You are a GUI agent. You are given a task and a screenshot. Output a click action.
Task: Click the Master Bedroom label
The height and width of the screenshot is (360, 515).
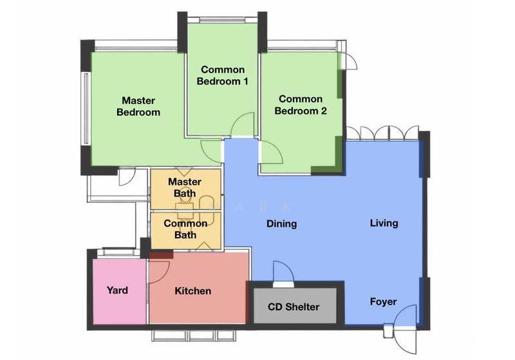(x=138, y=106)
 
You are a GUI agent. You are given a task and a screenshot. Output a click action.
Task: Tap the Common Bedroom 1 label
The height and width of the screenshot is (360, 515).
(x=222, y=75)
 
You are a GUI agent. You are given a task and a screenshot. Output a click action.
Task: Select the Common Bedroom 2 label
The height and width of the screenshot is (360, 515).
(x=301, y=105)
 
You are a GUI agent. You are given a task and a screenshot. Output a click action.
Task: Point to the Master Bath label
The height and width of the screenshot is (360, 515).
(x=185, y=187)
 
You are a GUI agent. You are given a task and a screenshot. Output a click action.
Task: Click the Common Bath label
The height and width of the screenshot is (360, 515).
(x=185, y=229)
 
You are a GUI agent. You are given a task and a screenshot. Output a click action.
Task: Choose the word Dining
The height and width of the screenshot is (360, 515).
(x=281, y=223)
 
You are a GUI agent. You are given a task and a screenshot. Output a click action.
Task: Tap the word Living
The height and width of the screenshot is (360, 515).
(x=384, y=223)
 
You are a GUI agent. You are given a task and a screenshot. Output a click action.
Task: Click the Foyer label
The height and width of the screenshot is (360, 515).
(x=383, y=301)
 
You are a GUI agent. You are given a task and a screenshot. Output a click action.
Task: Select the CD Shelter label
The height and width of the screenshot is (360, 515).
(x=294, y=307)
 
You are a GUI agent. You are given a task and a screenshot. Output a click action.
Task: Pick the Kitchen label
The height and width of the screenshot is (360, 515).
(x=192, y=290)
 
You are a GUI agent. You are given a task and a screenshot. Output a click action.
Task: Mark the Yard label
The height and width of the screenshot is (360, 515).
(x=117, y=290)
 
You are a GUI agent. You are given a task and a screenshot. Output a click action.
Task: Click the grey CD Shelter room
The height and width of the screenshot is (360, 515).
(x=295, y=305)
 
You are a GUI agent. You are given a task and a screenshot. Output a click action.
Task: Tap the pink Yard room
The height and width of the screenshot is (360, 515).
(x=120, y=291)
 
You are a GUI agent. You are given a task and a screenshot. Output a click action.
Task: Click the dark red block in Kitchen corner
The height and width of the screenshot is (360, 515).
(x=162, y=255)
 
